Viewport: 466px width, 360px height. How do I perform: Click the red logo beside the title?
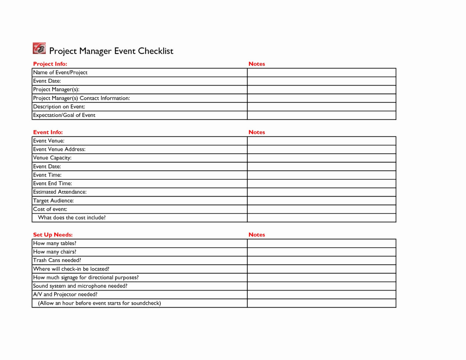pyautogui.click(x=39, y=49)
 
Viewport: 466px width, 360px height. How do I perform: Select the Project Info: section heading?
pyautogui.click(x=50, y=64)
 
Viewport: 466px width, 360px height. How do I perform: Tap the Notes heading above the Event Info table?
pyautogui.click(x=257, y=132)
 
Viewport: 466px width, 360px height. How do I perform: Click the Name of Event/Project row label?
pyautogui.click(x=60, y=72)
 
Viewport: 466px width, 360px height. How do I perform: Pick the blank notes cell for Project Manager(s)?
pyautogui.click(x=322, y=89)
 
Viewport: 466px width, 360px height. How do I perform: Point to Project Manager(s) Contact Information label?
pyautogui.click(x=81, y=98)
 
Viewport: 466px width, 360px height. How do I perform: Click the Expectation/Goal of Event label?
pyautogui.click(x=64, y=115)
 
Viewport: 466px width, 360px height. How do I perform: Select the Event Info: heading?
pyautogui.click(x=48, y=132)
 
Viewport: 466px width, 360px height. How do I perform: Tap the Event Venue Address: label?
pyautogui.click(x=59, y=149)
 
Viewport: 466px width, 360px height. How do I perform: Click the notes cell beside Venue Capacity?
pyautogui.click(x=322, y=158)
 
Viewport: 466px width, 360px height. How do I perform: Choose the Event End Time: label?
pyautogui.click(x=52, y=183)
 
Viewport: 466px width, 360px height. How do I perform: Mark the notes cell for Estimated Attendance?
pyautogui.click(x=322, y=192)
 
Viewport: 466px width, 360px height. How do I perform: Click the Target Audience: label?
pyautogui.click(x=53, y=201)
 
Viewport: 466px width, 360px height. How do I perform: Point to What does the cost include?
pyautogui.click(x=72, y=217)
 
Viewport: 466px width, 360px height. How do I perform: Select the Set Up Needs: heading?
pyautogui.click(x=53, y=235)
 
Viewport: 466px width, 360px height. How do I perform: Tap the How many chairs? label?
pyautogui.click(x=55, y=252)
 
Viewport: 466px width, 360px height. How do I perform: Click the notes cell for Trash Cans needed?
pyautogui.click(x=322, y=260)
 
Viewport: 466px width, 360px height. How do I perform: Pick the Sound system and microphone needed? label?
pyautogui.click(x=80, y=286)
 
